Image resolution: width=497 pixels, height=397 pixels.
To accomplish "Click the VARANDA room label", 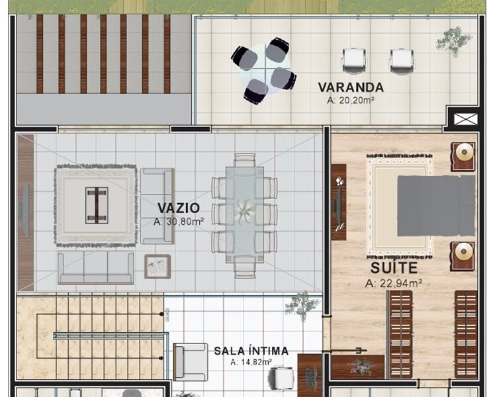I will [x=350, y=87].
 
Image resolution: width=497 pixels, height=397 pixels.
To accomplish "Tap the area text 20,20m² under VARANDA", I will [x=350, y=101].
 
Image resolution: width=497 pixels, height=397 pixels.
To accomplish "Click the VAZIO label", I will [x=178, y=208].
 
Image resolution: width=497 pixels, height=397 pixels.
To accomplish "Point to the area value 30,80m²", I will [x=179, y=222].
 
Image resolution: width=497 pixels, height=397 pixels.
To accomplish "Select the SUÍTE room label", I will [x=394, y=268].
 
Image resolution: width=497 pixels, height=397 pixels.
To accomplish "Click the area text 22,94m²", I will [x=394, y=283].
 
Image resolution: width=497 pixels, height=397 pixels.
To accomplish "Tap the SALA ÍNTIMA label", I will [x=251, y=351].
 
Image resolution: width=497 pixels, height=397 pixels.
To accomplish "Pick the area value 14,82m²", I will [x=251, y=363].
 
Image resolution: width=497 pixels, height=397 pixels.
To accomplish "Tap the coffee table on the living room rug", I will [x=97, y=205].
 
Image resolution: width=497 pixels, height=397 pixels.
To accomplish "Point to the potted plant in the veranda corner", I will [x=453, y=40].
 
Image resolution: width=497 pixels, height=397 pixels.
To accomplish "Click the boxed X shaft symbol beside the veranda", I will [x=461, y=119].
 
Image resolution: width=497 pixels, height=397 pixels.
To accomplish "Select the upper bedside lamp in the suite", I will [x=464, y=154].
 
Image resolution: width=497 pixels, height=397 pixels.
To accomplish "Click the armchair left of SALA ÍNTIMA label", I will [x=191, y=361].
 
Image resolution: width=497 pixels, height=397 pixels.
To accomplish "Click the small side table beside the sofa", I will [x=158, y=267].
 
